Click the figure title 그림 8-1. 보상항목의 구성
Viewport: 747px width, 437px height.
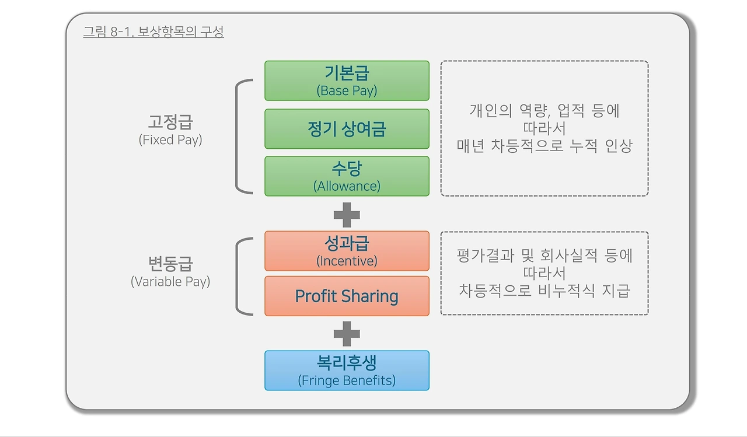(x=153, y=32)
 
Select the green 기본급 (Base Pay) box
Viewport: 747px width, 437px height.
(x=347, y=81)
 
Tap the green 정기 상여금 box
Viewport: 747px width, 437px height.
(x=347, y=128)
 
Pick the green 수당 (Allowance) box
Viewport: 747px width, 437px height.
(x=347, y=176)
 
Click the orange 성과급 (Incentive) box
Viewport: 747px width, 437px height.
(x=347, y=251)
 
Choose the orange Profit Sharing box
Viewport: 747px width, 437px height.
(x=347, y=296)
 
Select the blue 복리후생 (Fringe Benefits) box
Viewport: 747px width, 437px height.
(x=347, y=370)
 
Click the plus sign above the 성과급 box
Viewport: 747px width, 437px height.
(x=347, y=215)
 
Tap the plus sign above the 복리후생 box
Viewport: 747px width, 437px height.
(x=347, y=334)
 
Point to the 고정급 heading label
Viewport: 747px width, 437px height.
(x=170, y=123)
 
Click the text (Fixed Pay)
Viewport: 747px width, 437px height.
(x=170, y=140)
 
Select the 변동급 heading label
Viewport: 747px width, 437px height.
(x=170, y=264)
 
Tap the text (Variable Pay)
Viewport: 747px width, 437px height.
(x=170, y=281)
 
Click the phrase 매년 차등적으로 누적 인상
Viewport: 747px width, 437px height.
(x=544, y=146)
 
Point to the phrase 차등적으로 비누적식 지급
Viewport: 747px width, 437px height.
(x=544, y=291)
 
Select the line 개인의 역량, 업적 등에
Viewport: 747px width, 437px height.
(x=544, y=111)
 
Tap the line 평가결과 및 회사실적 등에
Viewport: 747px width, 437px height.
(x=544, y=256)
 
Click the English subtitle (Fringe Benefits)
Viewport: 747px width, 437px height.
(x=347, y=380)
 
